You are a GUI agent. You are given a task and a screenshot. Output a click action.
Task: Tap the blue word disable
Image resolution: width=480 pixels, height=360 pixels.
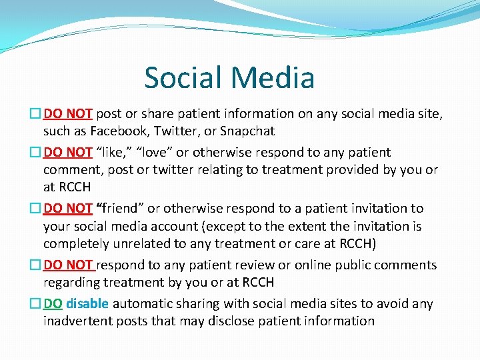pyautogui.click(x=87, y=304)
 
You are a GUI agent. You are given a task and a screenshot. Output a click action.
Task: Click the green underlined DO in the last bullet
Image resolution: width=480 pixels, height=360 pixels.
pyautogui.click(x=53, y=304)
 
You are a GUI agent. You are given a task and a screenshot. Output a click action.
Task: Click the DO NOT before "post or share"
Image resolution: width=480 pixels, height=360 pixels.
pyautogui.click(x=69, y=114)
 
